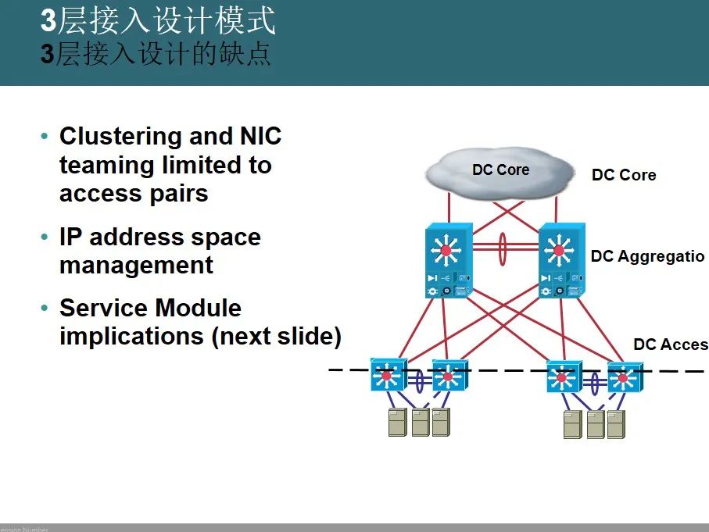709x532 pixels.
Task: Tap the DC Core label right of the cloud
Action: click(623, 175)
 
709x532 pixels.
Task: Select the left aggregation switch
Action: click(446, 262)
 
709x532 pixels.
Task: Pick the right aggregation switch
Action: click(559, 262)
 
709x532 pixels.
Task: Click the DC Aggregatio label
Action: click(647, 256)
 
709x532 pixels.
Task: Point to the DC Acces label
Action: click(670, 345)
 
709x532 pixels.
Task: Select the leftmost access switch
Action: click(388, 376)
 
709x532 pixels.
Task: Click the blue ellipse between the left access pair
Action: click(419, 380)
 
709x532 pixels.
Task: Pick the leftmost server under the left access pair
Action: click(397, 422)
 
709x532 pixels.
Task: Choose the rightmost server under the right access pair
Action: click(616, 424)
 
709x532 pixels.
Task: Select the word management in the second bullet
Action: click(136, 266)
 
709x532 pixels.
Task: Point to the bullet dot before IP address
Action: click(45, 237)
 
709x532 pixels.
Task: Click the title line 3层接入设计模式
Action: click(158, 21)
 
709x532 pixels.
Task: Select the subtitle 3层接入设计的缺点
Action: click(156, 55)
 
